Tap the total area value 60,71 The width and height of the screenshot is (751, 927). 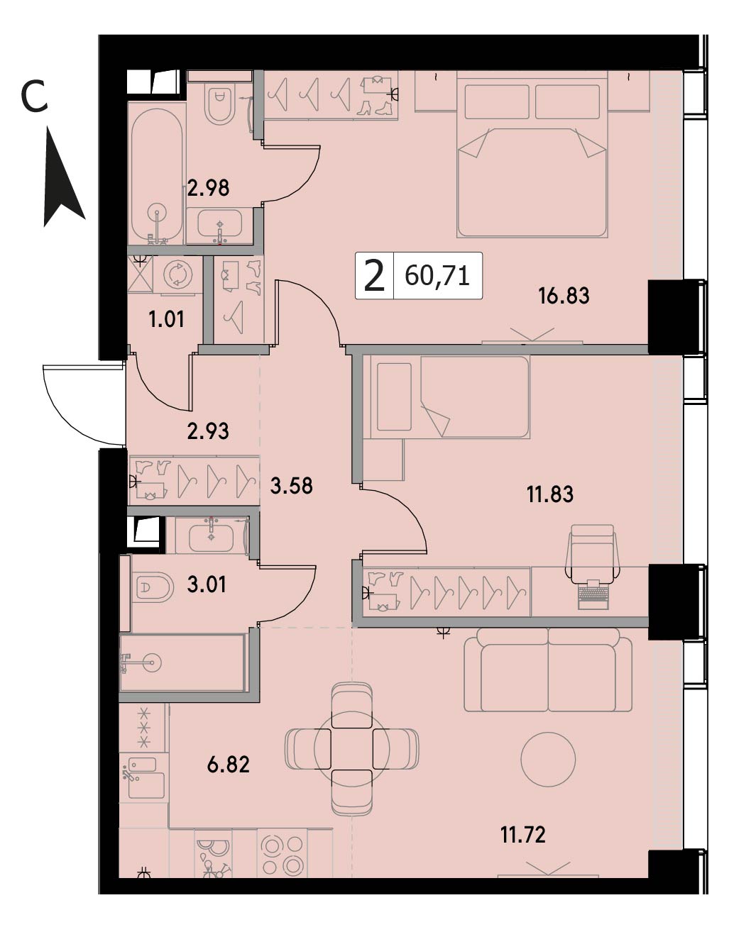437,276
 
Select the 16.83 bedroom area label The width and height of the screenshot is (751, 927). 564,296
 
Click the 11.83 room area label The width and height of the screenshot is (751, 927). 550,494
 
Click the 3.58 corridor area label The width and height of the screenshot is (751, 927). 292,486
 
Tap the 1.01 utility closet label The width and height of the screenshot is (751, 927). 166,319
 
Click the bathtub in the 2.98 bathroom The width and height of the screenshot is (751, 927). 157,175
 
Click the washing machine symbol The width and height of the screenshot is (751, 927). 178,274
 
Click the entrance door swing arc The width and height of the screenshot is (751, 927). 72,413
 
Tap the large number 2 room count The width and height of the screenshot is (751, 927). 374,276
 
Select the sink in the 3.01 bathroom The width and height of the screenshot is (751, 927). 212,535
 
